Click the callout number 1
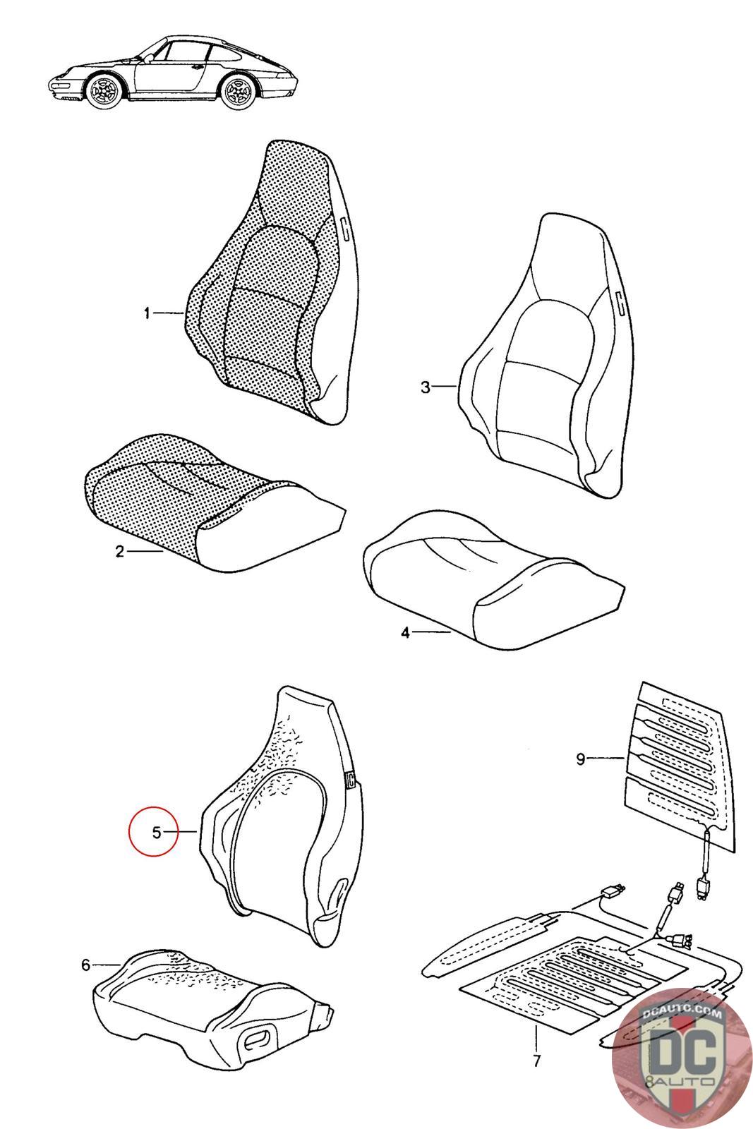147,313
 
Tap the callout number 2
119,551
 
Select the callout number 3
426,387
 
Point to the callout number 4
406,632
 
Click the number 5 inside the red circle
157,832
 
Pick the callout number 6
86,965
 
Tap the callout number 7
536,1075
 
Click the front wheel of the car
104,91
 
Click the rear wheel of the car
239,92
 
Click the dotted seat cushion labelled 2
212,504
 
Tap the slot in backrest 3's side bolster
620,301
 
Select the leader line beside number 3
445,387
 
